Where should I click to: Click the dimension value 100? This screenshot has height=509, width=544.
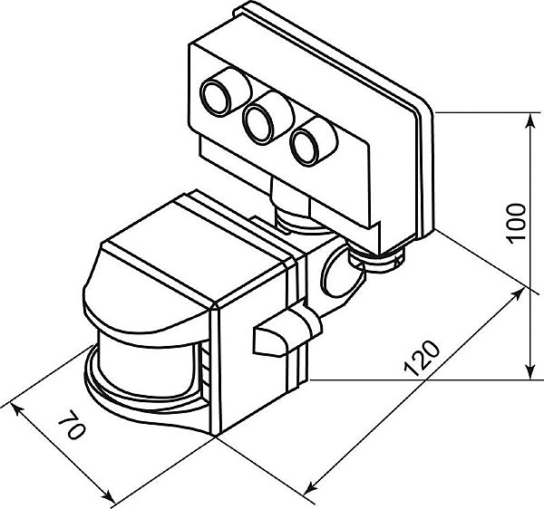(516, 223)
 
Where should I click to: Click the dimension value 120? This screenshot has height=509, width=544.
(422, 359)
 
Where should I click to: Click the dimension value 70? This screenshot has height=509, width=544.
(72, 424)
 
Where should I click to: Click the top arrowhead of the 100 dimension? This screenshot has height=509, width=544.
(529, 122)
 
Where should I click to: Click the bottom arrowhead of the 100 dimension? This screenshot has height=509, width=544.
(529, 370)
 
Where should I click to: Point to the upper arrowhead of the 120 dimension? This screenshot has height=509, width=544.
(517, 294)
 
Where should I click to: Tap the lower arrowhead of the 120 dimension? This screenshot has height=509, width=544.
(311, 486)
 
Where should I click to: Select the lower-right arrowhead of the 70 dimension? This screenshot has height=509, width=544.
(110, 496)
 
